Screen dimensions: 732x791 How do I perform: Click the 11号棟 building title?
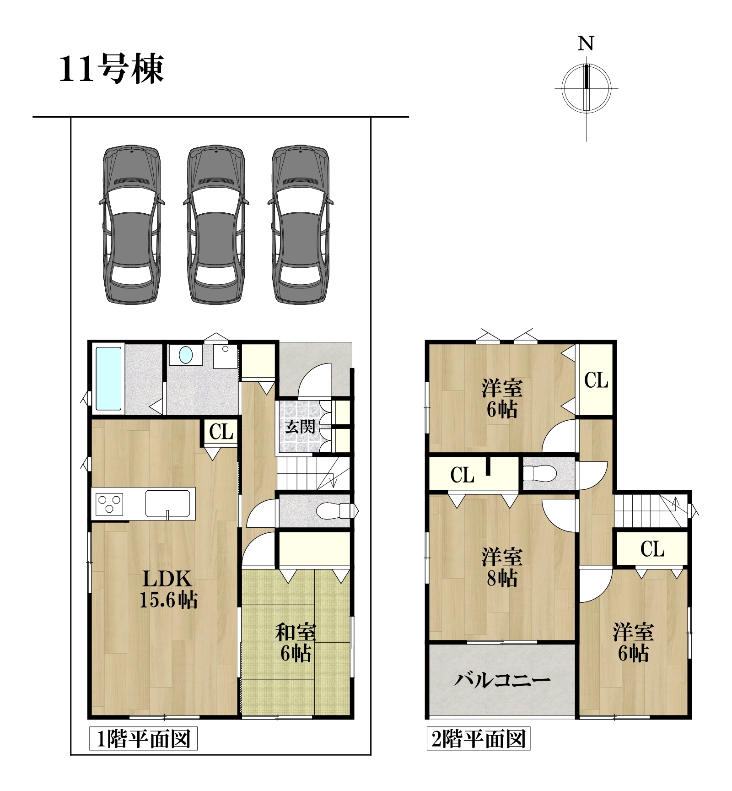click(111, 69)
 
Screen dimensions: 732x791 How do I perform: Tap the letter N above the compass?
click(586, 43)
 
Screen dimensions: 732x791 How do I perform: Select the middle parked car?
click(216, 224)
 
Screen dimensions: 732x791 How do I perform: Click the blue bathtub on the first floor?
click(109, 378)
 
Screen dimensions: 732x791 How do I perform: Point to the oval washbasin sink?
click(186, 355)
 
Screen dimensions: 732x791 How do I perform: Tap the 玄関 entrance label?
click(300, 427)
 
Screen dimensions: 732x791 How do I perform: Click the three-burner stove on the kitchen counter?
click(109, 504)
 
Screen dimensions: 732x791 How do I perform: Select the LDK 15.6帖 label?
click(168, 589)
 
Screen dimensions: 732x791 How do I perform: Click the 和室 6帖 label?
click(296, 643)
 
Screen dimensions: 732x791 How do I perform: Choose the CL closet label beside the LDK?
click(221, 432)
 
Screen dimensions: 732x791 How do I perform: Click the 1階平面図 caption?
click(143, 739)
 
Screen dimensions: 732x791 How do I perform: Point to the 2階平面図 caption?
click(479, 739)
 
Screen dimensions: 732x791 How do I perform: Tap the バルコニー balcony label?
click(502, 679)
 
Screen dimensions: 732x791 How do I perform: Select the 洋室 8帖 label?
click(502, 568)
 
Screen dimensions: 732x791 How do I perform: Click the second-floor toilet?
click(540, 474)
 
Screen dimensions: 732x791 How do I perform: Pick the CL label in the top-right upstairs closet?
click(596, 380)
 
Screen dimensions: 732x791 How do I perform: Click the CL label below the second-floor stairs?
click(652, 549)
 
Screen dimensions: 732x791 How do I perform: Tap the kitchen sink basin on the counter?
click(167, 504)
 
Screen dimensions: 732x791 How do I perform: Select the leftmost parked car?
click(132, 224)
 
